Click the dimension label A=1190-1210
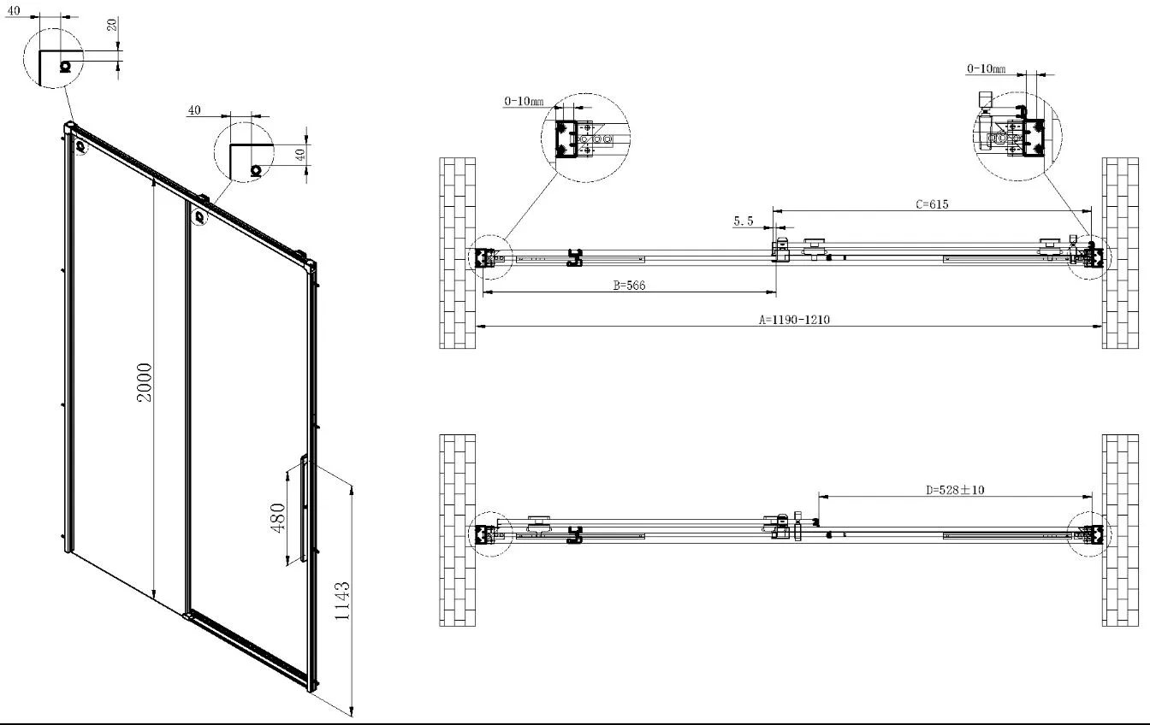[794, 320]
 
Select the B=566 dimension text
[629, 286]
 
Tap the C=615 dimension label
[932, 204]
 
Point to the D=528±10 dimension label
[955, 490]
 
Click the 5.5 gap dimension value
[744, 221]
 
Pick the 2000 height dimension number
[145, 382]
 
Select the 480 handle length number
[278, 518]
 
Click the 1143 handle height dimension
[342, 601]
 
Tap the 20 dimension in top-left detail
[112, 24]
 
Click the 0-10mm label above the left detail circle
[524, 101]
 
